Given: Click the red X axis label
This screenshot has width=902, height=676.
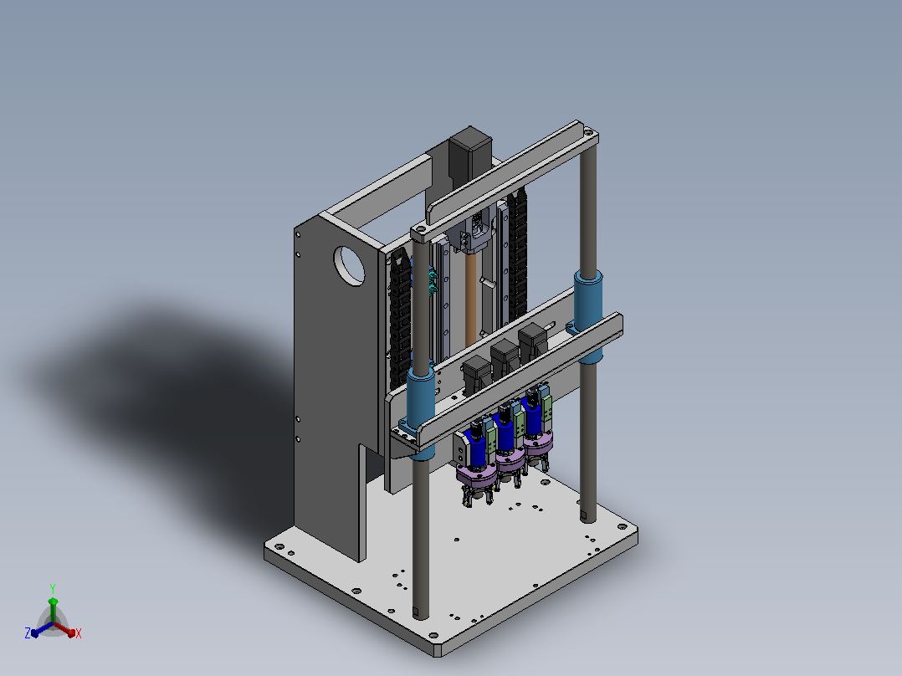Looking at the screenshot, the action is tap(79, 633).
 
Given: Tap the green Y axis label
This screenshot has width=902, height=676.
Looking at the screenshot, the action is tap(53, 589).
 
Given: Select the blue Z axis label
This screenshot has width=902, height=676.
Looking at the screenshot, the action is tap(28, 632).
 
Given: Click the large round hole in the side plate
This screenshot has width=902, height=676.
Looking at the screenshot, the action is tap(349, 266).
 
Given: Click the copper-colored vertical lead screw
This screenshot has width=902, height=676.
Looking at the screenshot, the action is tap(471, 300).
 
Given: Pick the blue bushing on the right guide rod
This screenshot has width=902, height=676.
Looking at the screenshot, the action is tap(588, 315).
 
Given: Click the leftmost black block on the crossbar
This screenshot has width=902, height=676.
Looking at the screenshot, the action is tap(477, 375).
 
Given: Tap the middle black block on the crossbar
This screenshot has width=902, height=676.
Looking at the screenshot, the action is tap(505, 359).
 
